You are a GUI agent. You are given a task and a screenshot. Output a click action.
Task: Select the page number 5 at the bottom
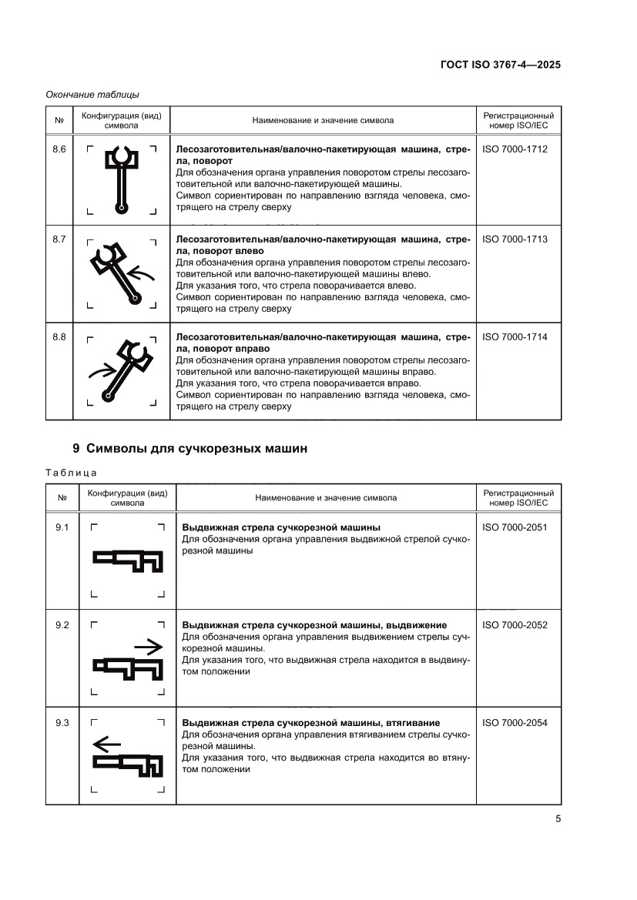point(557,818)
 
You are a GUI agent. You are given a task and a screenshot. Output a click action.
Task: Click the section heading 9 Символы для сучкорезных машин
point(189,449)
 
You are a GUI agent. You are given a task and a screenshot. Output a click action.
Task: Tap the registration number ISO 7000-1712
point(515,149)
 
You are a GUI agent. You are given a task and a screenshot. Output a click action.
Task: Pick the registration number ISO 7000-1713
point(515,239)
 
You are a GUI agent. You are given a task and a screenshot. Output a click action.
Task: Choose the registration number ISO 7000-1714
point(515,337)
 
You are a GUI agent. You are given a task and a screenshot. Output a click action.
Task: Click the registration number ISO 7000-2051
point(515,527)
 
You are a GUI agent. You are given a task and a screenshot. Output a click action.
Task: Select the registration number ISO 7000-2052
point(515,625)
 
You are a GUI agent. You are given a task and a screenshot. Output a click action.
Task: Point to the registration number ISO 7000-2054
point(515,723)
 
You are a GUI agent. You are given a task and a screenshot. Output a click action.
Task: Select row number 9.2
point(62,625)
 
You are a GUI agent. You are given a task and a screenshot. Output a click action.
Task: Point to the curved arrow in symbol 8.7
point(142,271)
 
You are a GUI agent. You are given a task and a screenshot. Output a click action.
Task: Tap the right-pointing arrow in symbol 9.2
point(147,645)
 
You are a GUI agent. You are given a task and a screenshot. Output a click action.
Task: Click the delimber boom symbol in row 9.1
point(128,560)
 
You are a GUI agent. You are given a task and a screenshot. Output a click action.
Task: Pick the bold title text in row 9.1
point(280,527)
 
